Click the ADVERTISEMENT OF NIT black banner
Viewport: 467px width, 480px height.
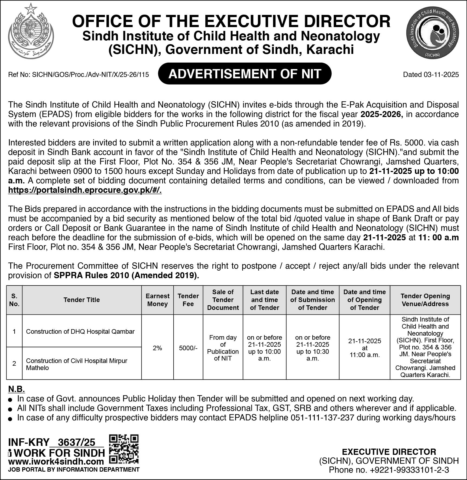tap(245, 74)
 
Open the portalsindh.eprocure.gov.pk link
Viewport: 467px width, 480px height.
tap(85, 190)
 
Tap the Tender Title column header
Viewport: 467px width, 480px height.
tap(82, 300)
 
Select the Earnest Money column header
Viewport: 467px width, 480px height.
tap(157, 300)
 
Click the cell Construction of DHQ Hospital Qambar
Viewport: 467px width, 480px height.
tap(80, 332)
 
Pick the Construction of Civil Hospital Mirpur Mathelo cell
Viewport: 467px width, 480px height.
tap(77, 364)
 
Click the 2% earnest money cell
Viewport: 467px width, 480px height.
tap(157, 348)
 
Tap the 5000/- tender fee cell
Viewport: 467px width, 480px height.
tap(188, 348)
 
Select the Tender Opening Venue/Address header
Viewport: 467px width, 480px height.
tap(425, 300)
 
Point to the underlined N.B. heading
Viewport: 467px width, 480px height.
tap(17, 389)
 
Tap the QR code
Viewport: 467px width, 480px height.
tap(124, 449)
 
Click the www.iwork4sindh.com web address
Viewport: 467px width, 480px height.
tap(56, 461)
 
